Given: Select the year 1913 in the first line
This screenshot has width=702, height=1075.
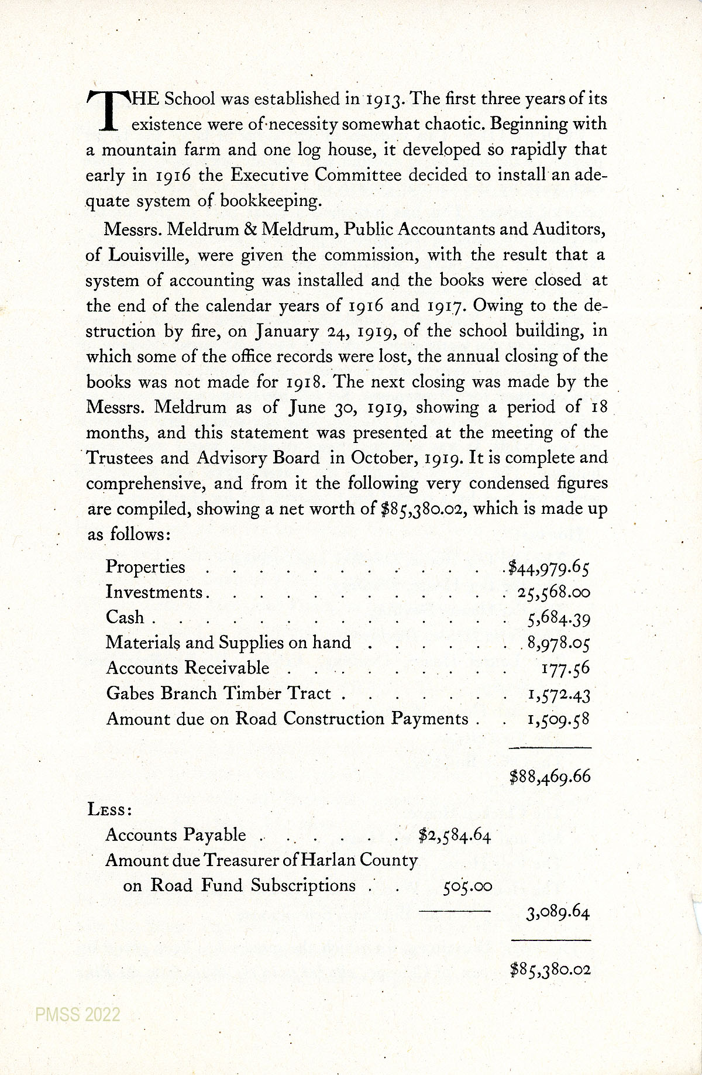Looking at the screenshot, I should pyautogui.click(x=383, y=99).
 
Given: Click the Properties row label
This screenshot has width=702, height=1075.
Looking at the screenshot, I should pyautogui.click(x=145, y=567).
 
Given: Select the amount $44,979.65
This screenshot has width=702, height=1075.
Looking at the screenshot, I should pyautogui.click(x=549, y=567).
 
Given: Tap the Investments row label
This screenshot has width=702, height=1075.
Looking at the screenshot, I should pyautogui.click(x=154, y=592).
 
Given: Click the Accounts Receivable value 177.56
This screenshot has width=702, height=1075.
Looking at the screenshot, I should pyautogui.click(x=565, y=668).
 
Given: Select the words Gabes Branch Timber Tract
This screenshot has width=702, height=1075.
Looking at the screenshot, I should pyautogui.click(x=219, y=693).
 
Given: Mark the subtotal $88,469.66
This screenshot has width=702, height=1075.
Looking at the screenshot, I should pyautogui.click(x=550, y=777).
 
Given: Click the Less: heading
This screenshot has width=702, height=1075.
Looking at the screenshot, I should pyautogui.click(x=109, y=810).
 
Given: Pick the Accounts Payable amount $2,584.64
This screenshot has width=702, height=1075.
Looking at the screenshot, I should pyautogui.click(x=455, y=835).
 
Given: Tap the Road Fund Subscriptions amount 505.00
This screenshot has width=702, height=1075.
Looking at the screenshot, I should pyautogui.click(x=467, y=887).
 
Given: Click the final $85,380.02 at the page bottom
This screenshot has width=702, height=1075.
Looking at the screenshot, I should pyautogui.click(x=550, y=970).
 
